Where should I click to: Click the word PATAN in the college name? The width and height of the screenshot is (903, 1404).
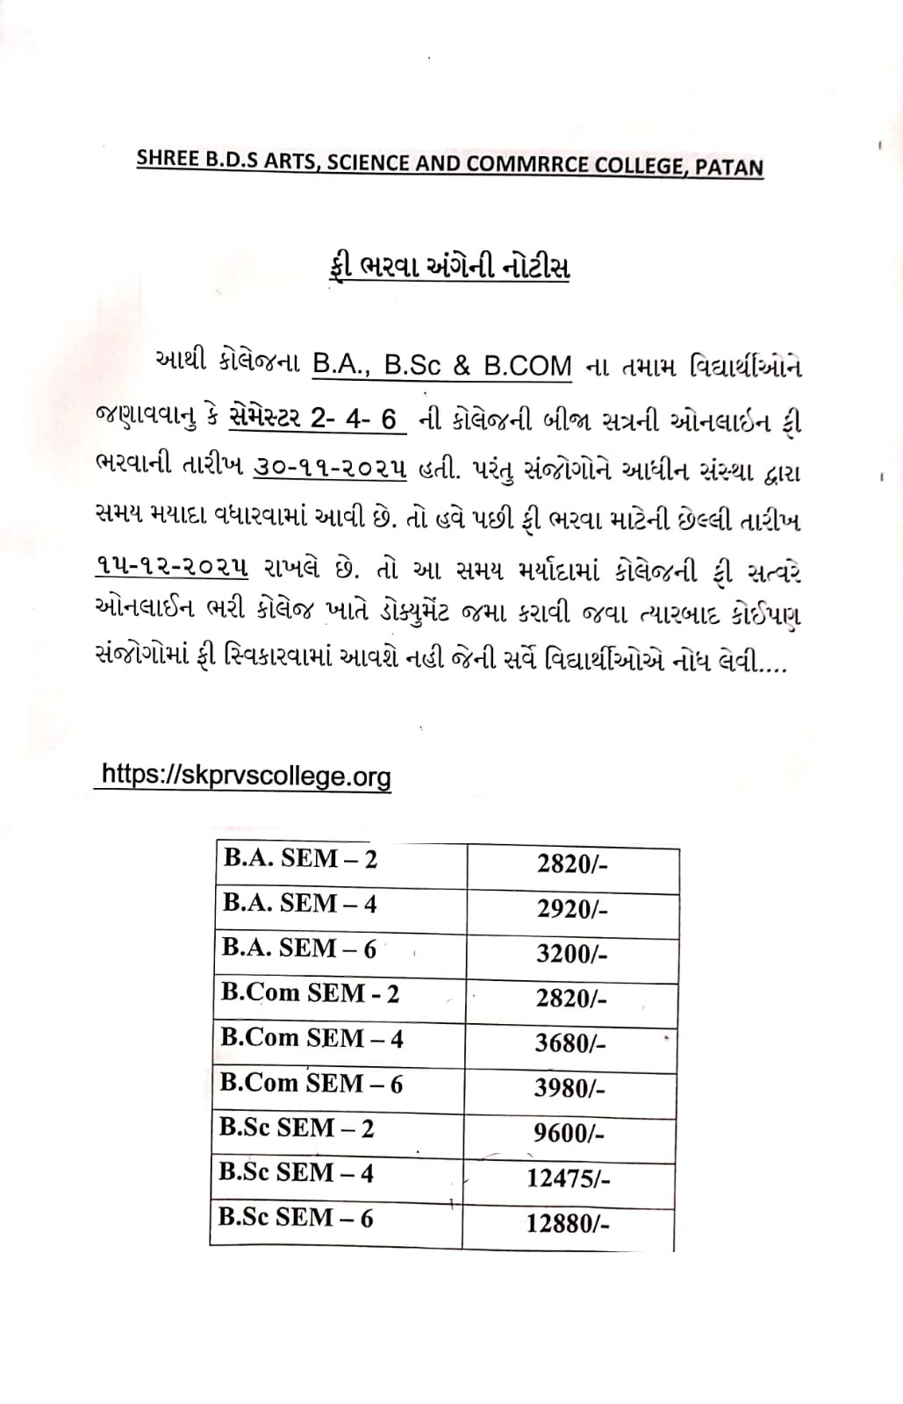point(728,167)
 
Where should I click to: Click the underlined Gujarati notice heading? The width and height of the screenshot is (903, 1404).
point(447,266)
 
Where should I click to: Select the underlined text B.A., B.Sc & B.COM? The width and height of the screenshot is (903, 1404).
point(442,365)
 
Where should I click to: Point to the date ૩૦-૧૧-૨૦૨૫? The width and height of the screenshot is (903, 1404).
point(330,469)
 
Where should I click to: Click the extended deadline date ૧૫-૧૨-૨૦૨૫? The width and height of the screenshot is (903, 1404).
point(171,568)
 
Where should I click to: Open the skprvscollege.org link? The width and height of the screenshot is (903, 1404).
point(246,776)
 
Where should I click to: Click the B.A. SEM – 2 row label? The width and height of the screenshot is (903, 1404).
point(300,859)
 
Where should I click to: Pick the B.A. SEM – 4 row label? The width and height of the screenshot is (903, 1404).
point(299,904)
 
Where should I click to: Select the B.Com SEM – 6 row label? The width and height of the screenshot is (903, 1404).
point(312,1084)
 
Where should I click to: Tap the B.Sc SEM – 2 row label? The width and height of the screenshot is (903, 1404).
point(297,1128)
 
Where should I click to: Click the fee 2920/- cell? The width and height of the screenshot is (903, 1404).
point(572,908)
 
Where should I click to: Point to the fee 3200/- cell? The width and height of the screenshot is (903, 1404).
point(571,954)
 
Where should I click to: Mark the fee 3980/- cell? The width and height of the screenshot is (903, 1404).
point(570,1088)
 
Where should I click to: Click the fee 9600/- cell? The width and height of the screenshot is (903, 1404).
point(569,1133)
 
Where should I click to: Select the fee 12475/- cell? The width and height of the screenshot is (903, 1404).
point(568,1178)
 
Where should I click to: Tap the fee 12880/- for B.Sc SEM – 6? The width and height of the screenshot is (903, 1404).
point(568,1223)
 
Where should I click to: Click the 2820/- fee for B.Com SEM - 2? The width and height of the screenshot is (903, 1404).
point(571,999)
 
